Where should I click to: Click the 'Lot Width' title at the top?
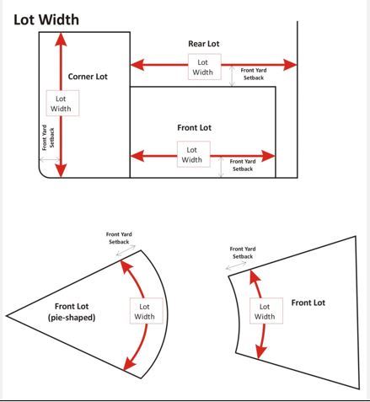46,19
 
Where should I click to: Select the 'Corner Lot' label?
88,77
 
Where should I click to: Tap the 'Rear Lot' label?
203,43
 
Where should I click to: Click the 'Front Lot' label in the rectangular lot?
194,128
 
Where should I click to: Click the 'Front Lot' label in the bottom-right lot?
308,303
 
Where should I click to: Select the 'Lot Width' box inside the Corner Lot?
61,103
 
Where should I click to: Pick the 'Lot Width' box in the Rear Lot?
203,67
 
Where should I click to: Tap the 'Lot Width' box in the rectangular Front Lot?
192,154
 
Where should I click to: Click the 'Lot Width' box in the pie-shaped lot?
145,311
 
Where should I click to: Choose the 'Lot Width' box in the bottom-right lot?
265,311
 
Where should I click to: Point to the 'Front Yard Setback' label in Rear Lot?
254,74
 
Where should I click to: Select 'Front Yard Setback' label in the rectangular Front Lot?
242,164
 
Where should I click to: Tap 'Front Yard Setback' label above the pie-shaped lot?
119,238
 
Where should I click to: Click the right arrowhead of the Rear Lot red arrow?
292,65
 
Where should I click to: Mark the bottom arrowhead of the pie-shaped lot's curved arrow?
127,366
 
